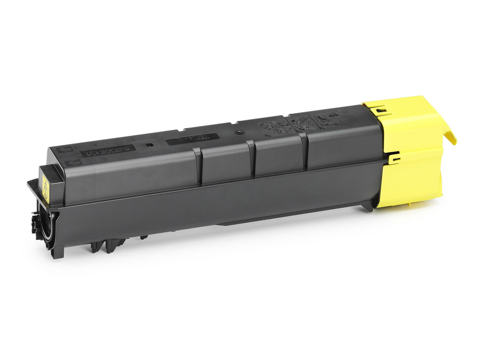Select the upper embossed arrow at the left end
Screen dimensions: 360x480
[x=63, y=150]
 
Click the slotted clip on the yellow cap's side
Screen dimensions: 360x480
[x=394, y=159]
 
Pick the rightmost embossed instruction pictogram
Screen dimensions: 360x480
[x=328, y=118]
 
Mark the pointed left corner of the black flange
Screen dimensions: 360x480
[x=28, y=182]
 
